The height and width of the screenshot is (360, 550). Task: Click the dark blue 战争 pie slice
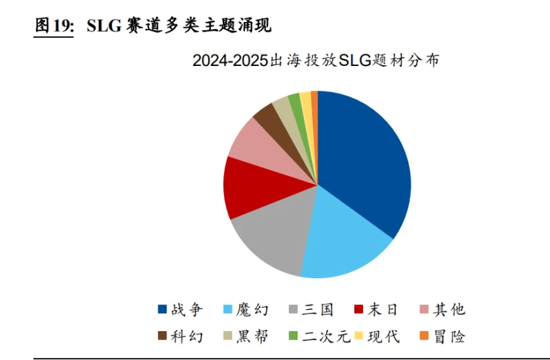364,165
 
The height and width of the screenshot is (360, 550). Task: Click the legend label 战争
186,309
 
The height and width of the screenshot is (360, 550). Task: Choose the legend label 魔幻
252,309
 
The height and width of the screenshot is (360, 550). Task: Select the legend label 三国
318,309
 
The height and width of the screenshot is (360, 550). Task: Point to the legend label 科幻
186,336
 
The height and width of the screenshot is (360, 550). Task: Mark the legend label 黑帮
252,336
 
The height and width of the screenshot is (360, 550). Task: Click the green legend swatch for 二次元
293,337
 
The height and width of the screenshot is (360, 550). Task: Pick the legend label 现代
384,336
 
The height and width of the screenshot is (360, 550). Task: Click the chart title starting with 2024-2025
316,60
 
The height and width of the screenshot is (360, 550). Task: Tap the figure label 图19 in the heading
54,26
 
